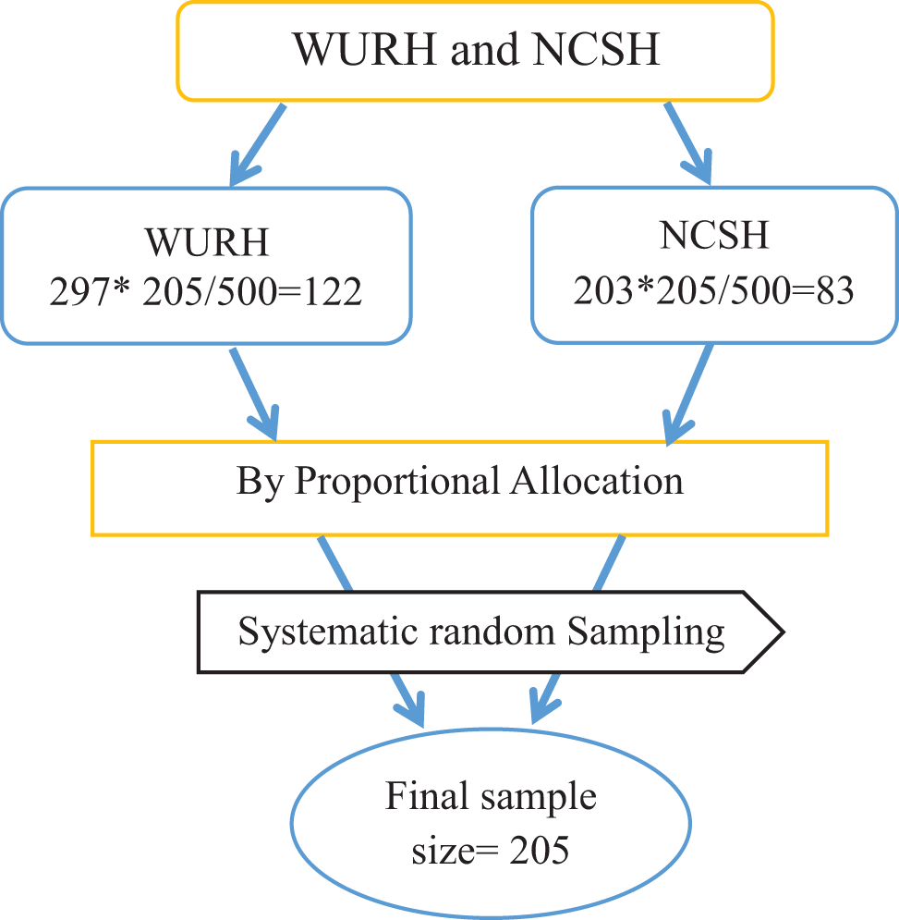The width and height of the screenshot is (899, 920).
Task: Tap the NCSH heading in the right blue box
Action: click(x=714, y=236)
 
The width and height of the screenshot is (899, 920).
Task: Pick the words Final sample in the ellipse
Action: click(x=491, y=796)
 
